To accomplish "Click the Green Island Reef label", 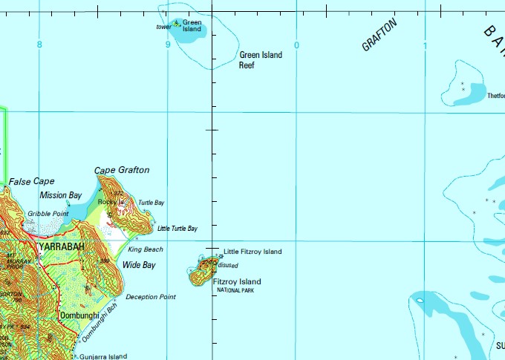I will pyautogui.click(x=260, y=59).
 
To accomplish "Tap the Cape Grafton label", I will pyautogui.click(x=122, y=170).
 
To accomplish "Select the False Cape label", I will pyautogui.click(x=31, y=181).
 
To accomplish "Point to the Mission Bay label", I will pyautogui.click(x=61, y=195).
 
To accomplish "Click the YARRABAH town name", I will pyautogui.click(x=59, y=246).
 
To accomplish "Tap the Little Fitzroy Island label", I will pyautogui.click(x=252, y=252).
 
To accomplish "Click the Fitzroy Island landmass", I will pyautogui.click(x=198, y=275).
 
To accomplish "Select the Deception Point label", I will pyautogui.click(x=151, y=297).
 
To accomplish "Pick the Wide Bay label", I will pyautogui.click(x=139, y=265).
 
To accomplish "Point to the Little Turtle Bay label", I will pyautogui.click(x=177, y=229).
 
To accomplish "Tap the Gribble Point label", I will pyautogui.click(x=48, y=214).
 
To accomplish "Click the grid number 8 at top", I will pyautogui.click(x=39, y=45).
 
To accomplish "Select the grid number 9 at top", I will pyautogui.click(x=168, y=45).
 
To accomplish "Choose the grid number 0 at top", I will pyautogui.click(x=296, y=45).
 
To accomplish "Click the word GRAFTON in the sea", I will pyautogui.click(x=380, y=35).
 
